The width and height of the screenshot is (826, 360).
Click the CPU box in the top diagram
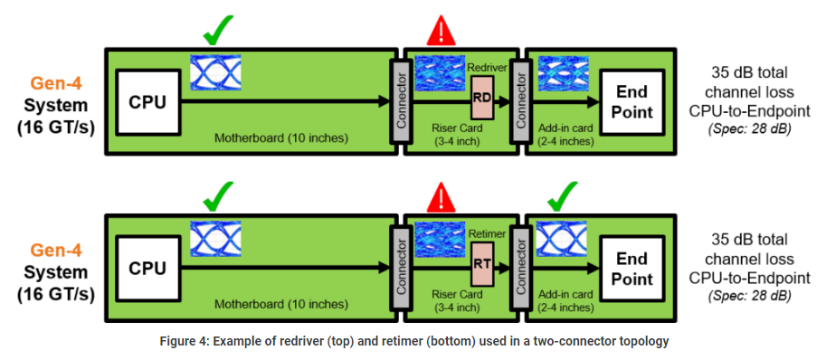(x=147, y=102)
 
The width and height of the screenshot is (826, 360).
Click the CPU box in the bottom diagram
(x=147, y=269)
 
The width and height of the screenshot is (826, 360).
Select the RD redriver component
(x=482, y=98)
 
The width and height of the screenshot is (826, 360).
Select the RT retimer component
(x=482, y=263)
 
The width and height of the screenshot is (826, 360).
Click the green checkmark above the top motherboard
(x=217, y=31)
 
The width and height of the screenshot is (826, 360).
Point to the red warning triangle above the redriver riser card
(x=441, y=31)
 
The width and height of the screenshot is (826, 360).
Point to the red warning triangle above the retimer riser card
(x=441, y=197)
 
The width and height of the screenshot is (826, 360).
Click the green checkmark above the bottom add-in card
(x=562, y=195)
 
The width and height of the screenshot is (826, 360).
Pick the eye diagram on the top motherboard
(x=215, y=72)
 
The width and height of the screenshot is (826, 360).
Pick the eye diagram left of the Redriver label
(x=440, y=73)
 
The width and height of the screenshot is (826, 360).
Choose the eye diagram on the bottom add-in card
(x=563, y=239)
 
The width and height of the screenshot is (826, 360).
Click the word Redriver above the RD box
(x=488, y=67)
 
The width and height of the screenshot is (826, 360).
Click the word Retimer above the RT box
(x=487, y=233)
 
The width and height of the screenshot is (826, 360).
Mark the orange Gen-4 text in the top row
(x=55, y=83)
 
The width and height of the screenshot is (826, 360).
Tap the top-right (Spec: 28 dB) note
(x=749, y=130)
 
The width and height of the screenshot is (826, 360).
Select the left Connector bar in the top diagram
(x=402, y=100)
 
